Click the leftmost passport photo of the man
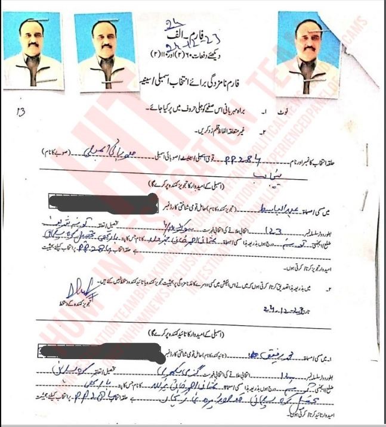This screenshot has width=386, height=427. [32, 50]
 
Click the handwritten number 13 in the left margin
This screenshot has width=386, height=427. [21, 110]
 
